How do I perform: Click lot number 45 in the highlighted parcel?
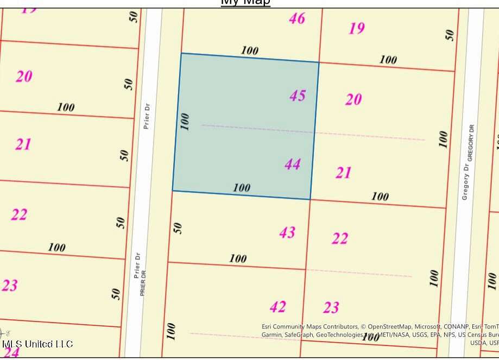298,96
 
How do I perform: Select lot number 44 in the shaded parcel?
293,164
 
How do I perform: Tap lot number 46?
296,19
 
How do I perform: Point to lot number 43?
287,233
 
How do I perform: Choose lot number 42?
278,307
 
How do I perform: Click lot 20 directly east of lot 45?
353,99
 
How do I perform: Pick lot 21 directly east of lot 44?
343,173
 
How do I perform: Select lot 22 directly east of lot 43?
340,238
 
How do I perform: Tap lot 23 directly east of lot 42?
331,308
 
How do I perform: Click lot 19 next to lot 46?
357,28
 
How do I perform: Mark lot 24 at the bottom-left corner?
12,352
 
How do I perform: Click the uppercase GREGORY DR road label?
472,141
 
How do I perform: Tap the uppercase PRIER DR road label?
143,284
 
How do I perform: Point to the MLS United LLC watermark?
38,344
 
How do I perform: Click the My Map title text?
245,2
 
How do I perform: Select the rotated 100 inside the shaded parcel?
185,121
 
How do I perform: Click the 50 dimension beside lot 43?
177,228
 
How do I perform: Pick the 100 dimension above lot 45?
249,50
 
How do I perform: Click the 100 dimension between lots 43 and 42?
237,258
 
